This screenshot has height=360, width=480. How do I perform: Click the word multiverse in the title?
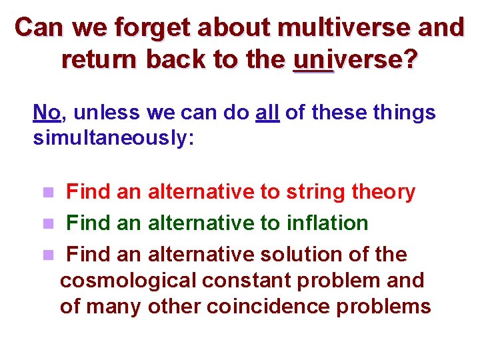coord(344,28)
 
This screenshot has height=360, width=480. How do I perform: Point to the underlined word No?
coord(47,112)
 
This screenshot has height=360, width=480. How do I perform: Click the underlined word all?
coord(267,112)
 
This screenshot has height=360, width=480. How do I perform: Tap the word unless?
coord(107,112)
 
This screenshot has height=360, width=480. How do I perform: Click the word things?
coord(404,112)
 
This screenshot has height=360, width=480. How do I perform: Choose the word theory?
coord(383,193)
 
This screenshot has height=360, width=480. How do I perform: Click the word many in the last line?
coord(114,306)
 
